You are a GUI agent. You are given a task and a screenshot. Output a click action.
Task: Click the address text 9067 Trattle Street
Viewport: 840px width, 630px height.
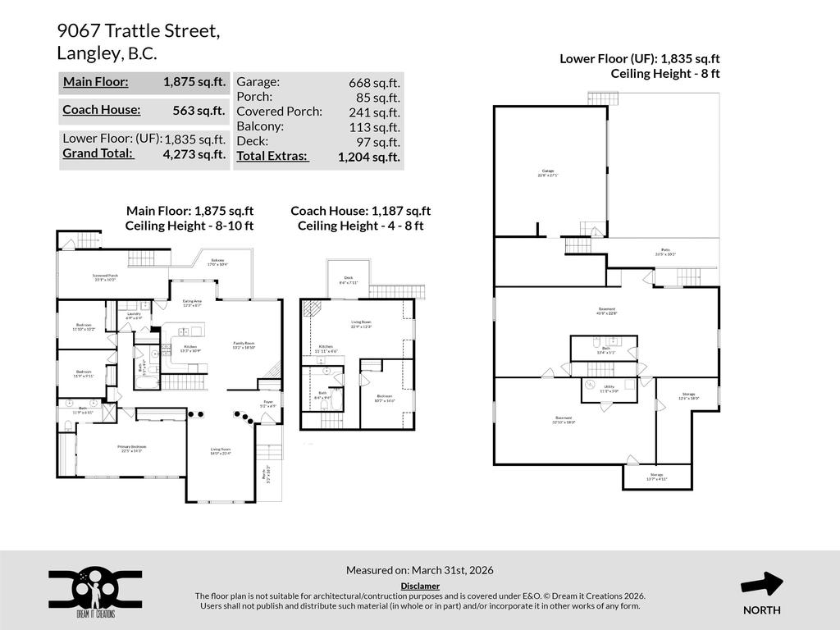point(138,31)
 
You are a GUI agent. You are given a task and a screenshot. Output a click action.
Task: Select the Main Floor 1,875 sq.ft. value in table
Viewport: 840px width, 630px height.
point(194,82)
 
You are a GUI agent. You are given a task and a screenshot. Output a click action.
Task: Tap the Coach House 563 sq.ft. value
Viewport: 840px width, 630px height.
point(199,110)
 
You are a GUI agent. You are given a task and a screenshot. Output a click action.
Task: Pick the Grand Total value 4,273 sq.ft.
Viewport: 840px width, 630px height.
point(194,154)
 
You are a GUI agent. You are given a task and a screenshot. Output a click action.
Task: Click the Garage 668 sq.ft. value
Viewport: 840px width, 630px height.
point(374,82)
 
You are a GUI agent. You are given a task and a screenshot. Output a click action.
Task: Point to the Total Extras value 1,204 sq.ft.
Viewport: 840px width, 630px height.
point(368,156)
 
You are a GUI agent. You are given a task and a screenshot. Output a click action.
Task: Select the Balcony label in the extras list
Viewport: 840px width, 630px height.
point(260,126)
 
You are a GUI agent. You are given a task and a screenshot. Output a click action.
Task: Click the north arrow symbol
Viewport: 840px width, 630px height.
point(761,584)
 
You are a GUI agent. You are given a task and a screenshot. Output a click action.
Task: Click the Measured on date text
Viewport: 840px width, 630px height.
point(419,570)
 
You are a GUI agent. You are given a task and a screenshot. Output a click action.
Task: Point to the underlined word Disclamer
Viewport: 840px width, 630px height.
point(420,586)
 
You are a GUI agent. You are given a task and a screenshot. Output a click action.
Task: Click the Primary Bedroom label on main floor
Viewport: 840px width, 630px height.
point(130,448)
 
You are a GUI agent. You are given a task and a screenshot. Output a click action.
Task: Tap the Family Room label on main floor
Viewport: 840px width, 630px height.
point(244,345)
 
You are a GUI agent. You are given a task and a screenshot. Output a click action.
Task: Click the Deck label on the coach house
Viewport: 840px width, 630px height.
point(348,281)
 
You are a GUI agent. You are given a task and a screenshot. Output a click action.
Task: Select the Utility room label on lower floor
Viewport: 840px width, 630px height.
point(609,388)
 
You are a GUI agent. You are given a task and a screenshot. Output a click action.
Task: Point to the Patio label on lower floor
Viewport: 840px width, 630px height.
point(665,252)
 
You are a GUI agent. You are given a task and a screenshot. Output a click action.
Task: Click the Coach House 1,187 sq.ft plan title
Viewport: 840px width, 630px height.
point(360,211)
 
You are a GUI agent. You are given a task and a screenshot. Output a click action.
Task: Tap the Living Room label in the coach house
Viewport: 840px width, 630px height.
point(361,325)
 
